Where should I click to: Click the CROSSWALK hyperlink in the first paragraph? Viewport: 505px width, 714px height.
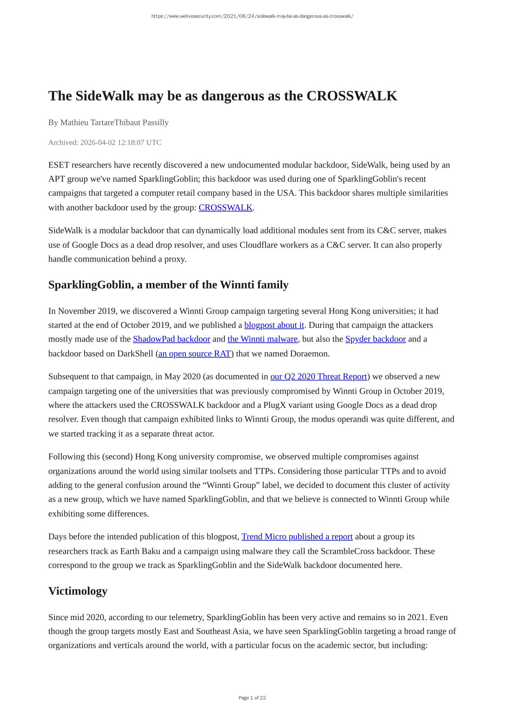(225, 207)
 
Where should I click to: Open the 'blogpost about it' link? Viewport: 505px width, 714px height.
(274, 325)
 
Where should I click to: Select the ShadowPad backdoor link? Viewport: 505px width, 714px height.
(171, 339)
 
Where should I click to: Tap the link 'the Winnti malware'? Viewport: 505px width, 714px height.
(262, 339)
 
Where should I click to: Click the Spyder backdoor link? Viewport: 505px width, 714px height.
(375, 339)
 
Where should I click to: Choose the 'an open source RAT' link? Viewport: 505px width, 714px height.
(194, 353)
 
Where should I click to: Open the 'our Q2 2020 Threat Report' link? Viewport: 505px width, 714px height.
(318, 376)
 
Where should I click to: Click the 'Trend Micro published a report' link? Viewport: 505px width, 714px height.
(297, 536)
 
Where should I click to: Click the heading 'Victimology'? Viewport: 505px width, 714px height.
(78, 591)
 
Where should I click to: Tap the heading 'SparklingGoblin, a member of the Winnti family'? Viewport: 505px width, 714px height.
(168, 285)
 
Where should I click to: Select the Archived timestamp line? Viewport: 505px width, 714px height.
(104, 142)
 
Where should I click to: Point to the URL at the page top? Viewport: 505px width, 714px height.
(252, 16)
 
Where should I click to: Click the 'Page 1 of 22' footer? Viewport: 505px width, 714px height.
(252, 698)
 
